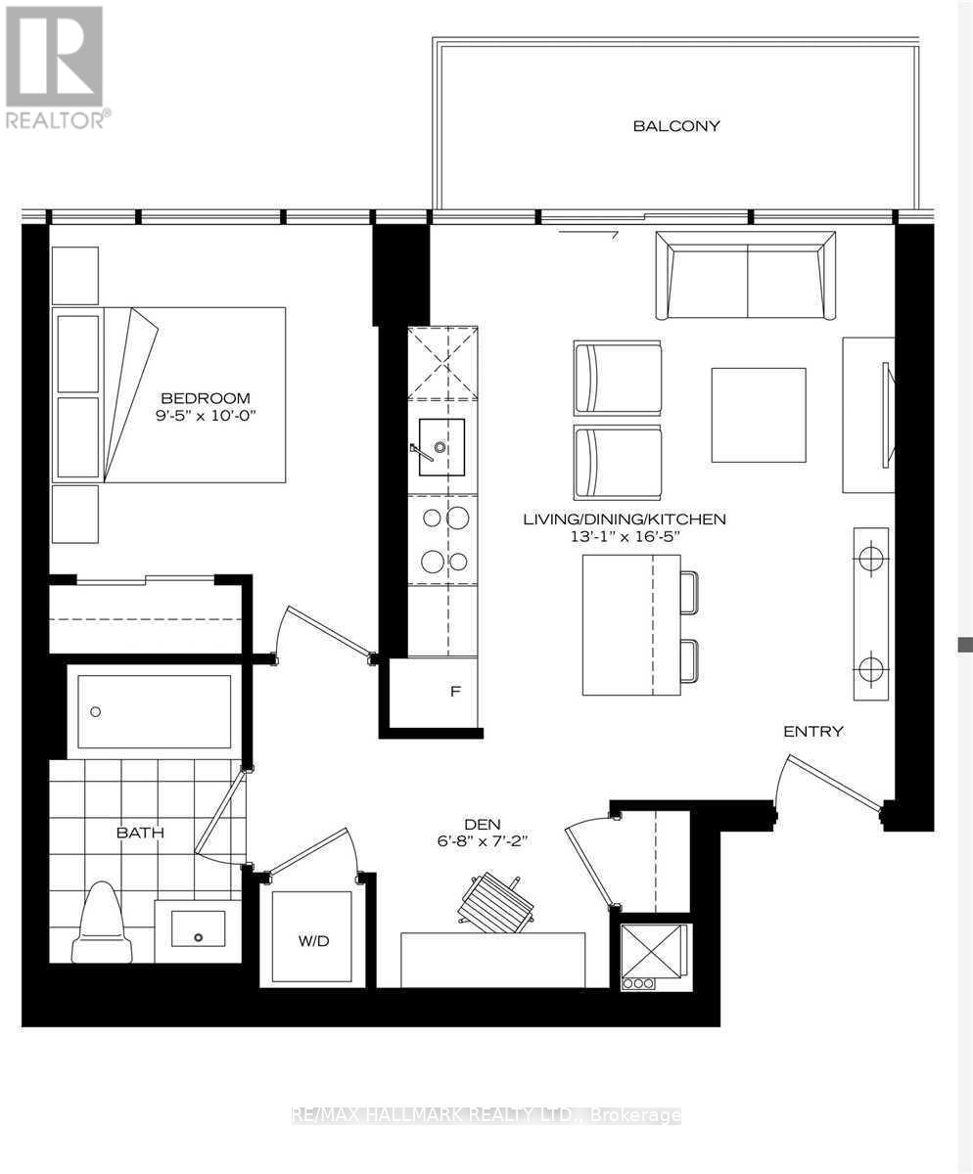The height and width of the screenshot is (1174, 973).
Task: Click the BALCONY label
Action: click(x=676, y=126)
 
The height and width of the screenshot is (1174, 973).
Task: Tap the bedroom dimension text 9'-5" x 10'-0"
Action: click(x=206, y=416)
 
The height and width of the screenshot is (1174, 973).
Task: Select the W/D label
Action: click(x=313, y=941)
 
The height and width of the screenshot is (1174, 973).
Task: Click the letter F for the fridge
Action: click(x=455, y=691)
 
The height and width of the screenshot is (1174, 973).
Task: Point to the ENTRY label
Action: click(x=813, y=732)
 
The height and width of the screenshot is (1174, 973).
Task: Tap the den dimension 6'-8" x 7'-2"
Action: click(x=483, y=841)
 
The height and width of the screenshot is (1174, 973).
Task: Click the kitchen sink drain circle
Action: click(x=440, y=447)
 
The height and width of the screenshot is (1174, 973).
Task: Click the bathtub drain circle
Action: click(x=96, y=712)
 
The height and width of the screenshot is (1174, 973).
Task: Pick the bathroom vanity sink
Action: click(x=198, y=927)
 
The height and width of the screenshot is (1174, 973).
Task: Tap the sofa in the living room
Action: click(x=746, y=276)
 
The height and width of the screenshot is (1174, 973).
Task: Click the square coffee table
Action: click(x=759, y=415)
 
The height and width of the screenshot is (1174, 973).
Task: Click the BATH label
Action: click(x=140, y=833)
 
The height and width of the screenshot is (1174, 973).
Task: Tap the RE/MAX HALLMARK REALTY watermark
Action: click(x=487, y=1114)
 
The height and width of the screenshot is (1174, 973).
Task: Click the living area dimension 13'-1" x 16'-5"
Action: click(x=625, y=536)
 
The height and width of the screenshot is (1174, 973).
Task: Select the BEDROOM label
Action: click(x=206, y=398)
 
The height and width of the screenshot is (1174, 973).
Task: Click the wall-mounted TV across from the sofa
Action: click(x=887, y=415)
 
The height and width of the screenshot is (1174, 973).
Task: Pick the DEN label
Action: click(x=483, y=825)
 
